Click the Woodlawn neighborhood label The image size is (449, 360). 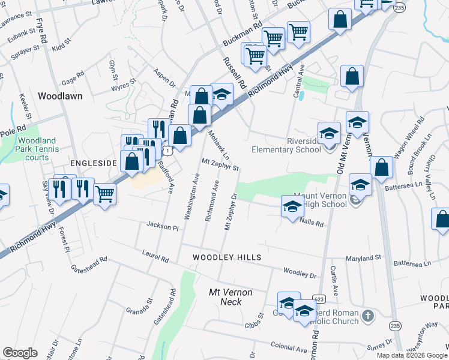(x=60, y=95)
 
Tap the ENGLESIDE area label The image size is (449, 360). (x=92, y=163)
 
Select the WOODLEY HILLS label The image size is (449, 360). (x=227, y=257)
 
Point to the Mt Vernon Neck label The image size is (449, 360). (x=231, y=296)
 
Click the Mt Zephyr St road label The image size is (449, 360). (x=220, y=163)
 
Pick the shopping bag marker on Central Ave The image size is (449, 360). (x=352, y=76)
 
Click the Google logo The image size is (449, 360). (x=20, y=353)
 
